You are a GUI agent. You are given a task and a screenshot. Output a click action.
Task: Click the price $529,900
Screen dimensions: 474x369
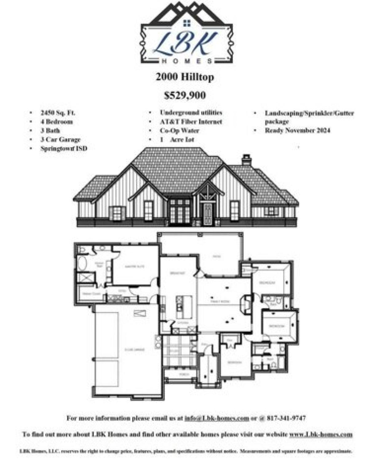coord(185,96)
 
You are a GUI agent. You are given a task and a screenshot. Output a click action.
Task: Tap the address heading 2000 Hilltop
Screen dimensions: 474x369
coord(185,77)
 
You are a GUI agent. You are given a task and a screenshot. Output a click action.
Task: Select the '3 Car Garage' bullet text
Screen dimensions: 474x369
coord(60,139)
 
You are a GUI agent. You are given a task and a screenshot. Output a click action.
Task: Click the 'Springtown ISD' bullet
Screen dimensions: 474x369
coord(64,148)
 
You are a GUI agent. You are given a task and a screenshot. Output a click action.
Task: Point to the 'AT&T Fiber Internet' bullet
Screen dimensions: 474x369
coord(191,122)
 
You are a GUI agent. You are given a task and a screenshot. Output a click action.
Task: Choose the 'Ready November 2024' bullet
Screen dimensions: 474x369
coord(297,130)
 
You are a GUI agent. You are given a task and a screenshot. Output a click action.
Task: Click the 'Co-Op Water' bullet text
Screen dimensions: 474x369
coord(179,131)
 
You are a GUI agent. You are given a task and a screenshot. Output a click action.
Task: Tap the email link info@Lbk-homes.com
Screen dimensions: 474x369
coord(216,418)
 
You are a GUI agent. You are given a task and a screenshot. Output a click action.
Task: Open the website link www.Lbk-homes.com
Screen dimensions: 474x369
coord(320,435)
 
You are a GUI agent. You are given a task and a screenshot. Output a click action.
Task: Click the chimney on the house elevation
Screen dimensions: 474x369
coord(247,160)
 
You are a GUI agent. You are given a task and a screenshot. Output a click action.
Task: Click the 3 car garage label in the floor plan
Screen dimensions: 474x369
coord(135,350)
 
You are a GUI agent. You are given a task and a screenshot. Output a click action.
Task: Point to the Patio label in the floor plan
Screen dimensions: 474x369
coord(217,256)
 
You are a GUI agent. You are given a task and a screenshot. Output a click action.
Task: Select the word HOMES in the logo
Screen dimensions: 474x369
coord(187,61)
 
